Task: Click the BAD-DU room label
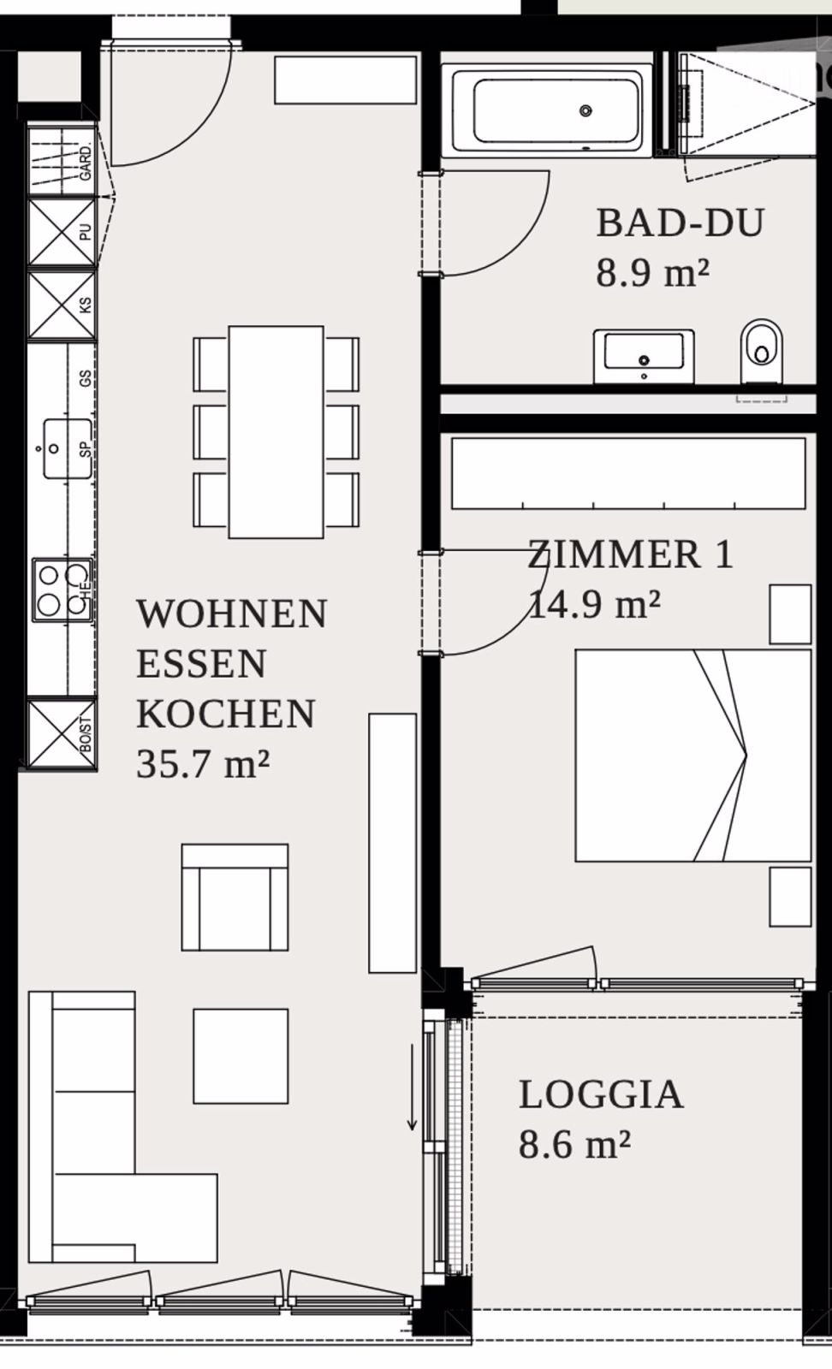tap(680, 223)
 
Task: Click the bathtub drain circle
tap(585, 110)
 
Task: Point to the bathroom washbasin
tap(644, 353)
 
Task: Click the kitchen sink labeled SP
tap(67, 447)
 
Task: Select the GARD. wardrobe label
tap(86, 162)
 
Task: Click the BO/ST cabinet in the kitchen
tap(60, 734)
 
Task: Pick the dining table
tap(276, 432)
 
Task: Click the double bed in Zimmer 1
tap(692, 756)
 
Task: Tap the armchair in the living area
tap(235, 898)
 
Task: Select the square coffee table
tap(241, 1056)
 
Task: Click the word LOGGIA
tap(601, 1095)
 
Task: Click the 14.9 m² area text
tap(594, 605)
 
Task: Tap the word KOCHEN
tap(226, 714)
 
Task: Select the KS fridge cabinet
tap(62, 305)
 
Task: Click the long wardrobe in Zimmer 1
tap(628, 473)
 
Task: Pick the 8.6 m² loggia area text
tap(574, 1144)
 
